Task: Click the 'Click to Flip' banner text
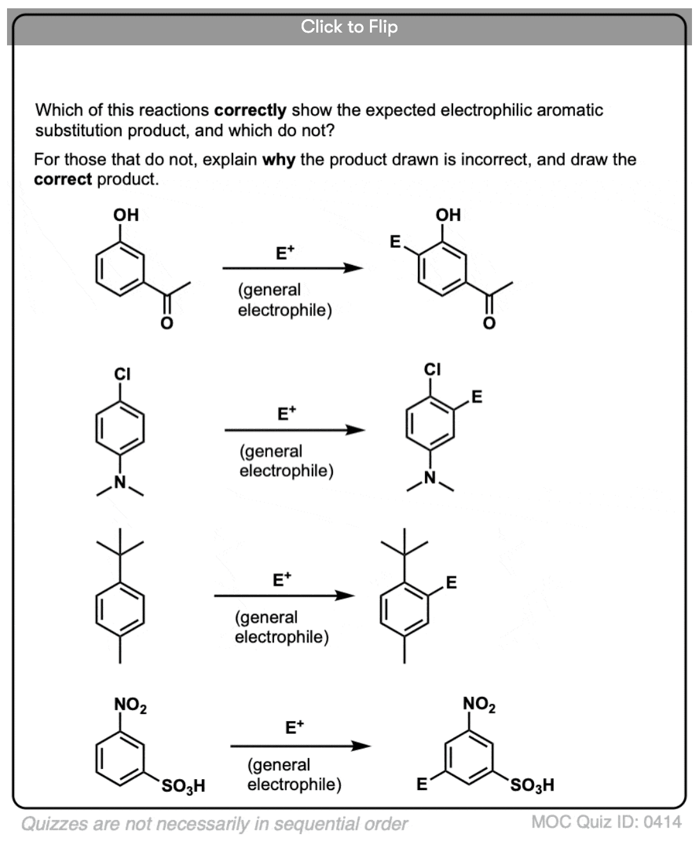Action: tap(349, 26)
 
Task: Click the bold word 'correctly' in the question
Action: tap(250, 110)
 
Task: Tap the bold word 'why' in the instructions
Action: tap(278, 159)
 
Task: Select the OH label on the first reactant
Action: tap(126, 215)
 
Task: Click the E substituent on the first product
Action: tap(395, 241)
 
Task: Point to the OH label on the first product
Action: tap(448, 215)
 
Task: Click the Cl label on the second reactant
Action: tap(122, 374)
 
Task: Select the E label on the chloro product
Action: tap(477, 397)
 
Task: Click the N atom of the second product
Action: tap(430, 478)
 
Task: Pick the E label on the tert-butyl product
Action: tap(451, 582)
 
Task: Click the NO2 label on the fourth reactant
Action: tap(130, 705)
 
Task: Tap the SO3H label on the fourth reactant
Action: tap(183, 785)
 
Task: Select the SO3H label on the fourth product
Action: tap(532, 784)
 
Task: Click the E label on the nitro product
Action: tap(421, 784)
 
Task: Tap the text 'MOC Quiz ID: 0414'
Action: tap(606, 822)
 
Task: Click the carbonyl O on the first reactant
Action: tap(166, 323)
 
